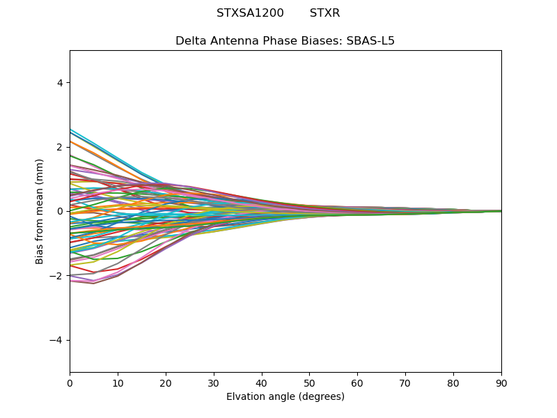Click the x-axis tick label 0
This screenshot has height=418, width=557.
tap(70, 382)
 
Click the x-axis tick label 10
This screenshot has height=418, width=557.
tap(118, 382)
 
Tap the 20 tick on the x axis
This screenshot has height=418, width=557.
tap(166, 382)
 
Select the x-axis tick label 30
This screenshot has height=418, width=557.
tap(214, 382)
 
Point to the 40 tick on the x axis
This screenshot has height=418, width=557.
tap(262, 382)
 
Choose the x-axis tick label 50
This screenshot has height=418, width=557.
tap(309, 382)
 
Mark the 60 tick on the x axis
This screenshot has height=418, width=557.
tap(357, 382)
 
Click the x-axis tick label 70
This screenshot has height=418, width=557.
tap(405, 382)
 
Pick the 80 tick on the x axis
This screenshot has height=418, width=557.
tap(453, 382)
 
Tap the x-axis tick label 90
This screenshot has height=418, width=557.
tap(501, 382)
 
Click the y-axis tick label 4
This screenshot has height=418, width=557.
tap(59, 83)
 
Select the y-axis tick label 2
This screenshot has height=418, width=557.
tap(59, 147)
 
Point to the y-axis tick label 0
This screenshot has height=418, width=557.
tap(59, 211)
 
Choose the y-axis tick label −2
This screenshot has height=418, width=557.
tap(56, 276)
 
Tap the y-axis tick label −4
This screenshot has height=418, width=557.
tap(56, 340)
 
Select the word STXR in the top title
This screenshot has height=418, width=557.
tap(324, 13)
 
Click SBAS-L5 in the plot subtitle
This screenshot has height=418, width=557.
tap(370, 40)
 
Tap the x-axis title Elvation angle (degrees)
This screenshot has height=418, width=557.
tap(285, 396)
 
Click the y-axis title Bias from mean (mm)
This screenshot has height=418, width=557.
tap(40, 211)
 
